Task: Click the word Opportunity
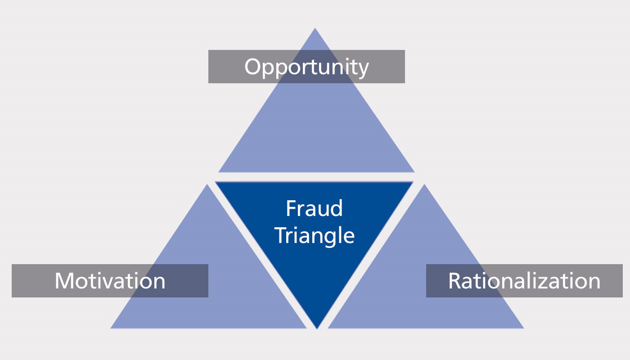click(x=306, y=67)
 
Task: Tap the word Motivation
click(x=110, y=281)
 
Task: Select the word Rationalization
click(x=524, y=281)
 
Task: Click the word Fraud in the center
click(x=314, y=209)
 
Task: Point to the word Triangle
click(x=314, y=235)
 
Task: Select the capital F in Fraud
click(x=291, y=209)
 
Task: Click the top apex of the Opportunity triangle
click(x=315, y=28)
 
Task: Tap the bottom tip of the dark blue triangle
click(x=317, y=328)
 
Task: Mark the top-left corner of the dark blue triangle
click(x=216, y=182)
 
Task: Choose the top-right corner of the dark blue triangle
click(x=413, y=182)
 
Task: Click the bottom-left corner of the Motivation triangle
click(x=111, y=328)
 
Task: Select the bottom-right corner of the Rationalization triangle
click(x=524, y=328)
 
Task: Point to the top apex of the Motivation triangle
click(x=207, y=184)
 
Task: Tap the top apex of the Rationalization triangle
click(x=424, y=184)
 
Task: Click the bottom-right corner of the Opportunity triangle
click(x=414, y=172)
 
